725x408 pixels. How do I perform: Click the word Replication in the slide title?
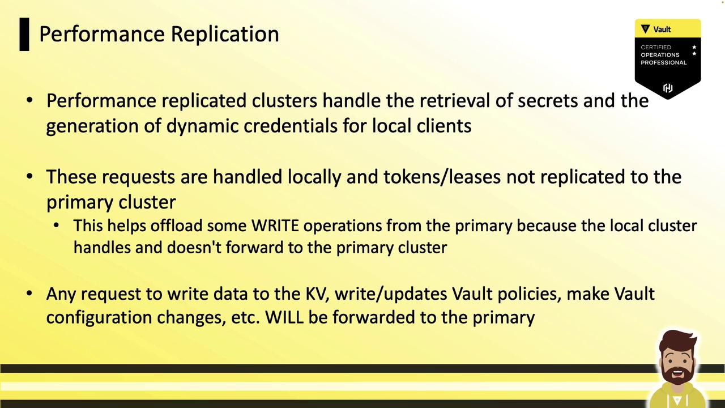point(225,35)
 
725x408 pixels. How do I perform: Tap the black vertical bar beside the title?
point(24,35)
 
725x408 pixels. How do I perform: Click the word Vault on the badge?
point(662,29)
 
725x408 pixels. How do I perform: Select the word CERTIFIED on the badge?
point(656,47)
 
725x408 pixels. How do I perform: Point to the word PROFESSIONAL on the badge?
point(663,62)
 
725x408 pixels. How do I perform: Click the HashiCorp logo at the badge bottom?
point(668,88)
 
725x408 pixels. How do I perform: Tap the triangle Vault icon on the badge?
point(645,29)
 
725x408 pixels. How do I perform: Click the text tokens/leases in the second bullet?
point(442,177)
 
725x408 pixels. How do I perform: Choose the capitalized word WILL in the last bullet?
point(284,317)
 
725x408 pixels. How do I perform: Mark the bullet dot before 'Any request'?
point(29,294)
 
